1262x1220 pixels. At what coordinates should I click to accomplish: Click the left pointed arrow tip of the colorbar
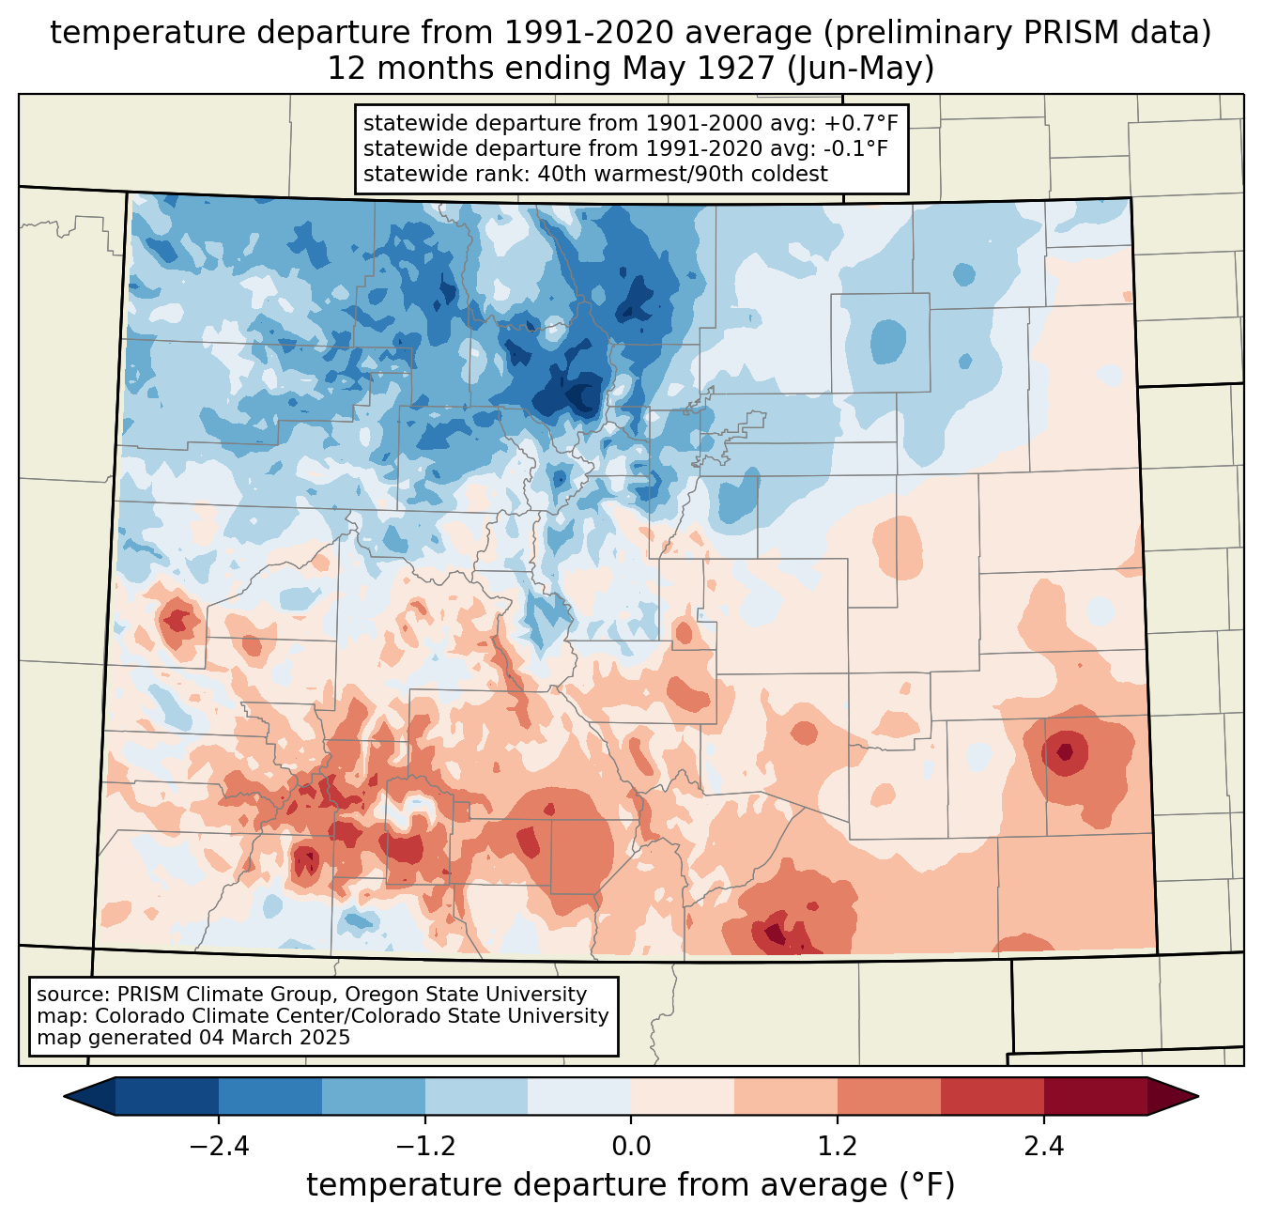point(65,1097)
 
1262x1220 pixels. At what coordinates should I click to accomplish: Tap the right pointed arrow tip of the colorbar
point(1197,1097)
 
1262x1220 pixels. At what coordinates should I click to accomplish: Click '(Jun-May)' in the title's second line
point(860,69)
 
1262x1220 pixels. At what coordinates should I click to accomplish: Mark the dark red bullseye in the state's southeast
point(1064,752)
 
